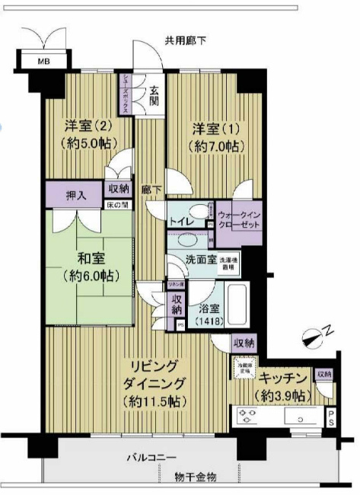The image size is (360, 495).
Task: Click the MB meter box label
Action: click(x=36, y=62)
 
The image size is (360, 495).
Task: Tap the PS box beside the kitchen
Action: click(x=331, y=417)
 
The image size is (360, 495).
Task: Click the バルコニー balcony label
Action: click(x=151, y=458)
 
